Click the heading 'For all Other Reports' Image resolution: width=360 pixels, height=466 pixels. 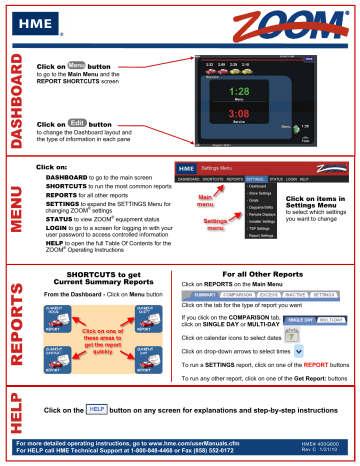[263, 273]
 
